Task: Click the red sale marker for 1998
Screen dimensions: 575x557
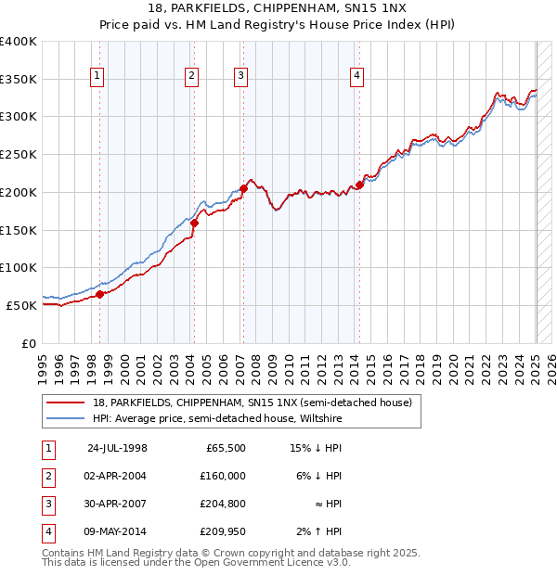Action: (100, 294)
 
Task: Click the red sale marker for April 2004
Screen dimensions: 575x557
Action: (194, 223)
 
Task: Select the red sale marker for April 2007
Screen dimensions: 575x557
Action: (243, 188)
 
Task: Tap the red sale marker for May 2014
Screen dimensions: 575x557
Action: (359, 185)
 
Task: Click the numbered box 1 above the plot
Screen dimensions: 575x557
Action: (97, 77)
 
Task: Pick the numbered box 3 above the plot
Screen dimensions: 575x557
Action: (240, 77)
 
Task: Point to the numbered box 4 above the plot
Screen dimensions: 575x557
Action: (356, 77)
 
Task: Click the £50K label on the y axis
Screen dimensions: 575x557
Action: (21, 305)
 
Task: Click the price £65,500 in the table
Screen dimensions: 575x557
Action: (227, 448)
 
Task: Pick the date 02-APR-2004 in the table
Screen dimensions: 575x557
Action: (116, 476)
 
